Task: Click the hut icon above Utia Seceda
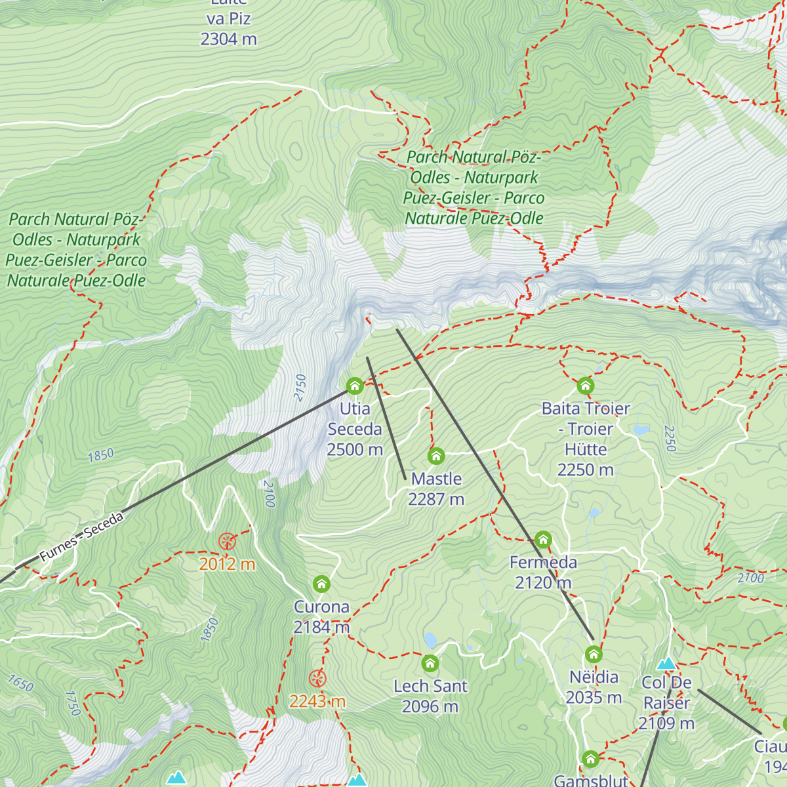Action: pos(355,386)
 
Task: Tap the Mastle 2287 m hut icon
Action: pos(436,456)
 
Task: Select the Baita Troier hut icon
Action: pos(585,386)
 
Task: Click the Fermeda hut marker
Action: pos(543,540)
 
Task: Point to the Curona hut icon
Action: pos(321,584)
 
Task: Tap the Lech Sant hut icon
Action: pos(430,664)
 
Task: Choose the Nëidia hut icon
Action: pos(594,655)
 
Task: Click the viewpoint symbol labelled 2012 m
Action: pos(227,542)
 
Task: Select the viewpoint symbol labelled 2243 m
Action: pos(317,679)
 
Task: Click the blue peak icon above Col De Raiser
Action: pos(666,664)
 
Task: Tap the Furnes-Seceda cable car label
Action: pos(81,537)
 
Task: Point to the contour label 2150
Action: pos(300,388)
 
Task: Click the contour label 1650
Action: pos(20,684)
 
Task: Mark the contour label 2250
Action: pos(670,438)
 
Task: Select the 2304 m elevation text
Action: pos(228,39)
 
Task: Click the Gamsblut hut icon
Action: pos(590,759)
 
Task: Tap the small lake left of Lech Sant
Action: pos(430,639)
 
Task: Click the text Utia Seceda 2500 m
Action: pos(355,429)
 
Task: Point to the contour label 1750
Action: pos(73,702)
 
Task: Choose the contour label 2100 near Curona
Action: pos(268,493)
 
